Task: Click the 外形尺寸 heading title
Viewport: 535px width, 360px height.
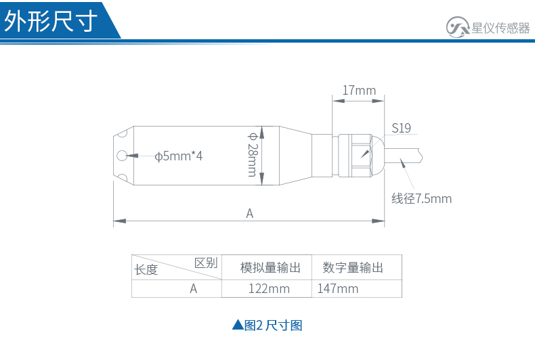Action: pos(51,21)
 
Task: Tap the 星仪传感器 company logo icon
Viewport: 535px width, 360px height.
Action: pos(458,27)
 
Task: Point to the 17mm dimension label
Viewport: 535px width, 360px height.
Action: pos(359,91)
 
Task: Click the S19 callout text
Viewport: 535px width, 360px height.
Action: pos(401,128)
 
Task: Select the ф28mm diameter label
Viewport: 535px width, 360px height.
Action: pos(253,155)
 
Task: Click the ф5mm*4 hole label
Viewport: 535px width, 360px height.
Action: pos(179,156)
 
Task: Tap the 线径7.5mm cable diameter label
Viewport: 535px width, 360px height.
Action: pos(421,198)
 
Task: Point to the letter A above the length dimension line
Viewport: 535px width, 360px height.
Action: pos(250,213)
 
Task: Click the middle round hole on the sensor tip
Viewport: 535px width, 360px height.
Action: pos(122,156)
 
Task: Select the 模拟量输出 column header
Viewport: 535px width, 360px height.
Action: pos(270,267)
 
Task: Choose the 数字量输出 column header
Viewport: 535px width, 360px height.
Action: pos(353,267)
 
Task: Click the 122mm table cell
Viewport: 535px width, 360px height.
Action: pos(269,289)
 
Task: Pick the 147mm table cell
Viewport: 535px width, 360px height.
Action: pos(338,289)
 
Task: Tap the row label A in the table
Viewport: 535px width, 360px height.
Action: pos(194,289)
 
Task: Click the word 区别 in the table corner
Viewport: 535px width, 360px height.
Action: pos(206,263)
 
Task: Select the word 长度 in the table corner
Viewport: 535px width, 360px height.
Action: pos(146,269)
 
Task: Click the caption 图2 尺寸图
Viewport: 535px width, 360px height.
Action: pos(274,325)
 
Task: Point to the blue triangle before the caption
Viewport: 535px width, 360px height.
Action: pos(238,325)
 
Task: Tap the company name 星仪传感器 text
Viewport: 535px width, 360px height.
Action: pos(500,28)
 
